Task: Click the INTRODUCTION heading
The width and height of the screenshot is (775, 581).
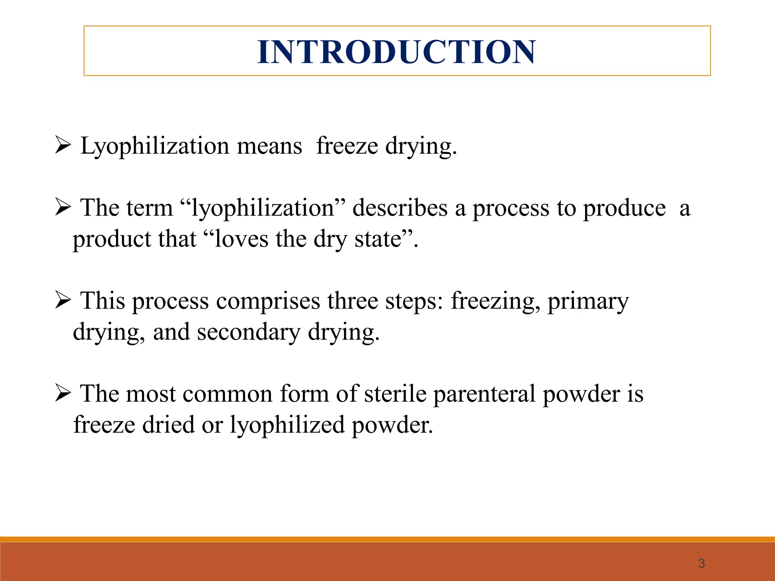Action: pos(396,52)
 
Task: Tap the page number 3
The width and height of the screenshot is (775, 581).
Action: pos(701,564)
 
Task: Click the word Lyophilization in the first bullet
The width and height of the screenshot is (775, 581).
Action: pos(155,146)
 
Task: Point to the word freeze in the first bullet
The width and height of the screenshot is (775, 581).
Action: pos(347,146)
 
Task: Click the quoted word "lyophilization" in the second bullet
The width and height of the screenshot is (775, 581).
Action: pos(263,208)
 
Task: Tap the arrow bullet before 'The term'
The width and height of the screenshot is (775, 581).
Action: pos(63,208)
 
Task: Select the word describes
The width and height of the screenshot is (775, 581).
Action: pos(400,208)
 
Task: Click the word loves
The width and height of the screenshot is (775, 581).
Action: pos(241,239)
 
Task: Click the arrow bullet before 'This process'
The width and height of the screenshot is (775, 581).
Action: pos(63,301)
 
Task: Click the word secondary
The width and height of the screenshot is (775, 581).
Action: pos(248,332)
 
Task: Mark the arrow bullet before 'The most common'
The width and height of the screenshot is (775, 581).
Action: pos(63,393)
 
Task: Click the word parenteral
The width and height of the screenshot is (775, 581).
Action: pos(484,394)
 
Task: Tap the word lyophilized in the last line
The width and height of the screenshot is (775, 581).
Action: pos(287,426)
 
